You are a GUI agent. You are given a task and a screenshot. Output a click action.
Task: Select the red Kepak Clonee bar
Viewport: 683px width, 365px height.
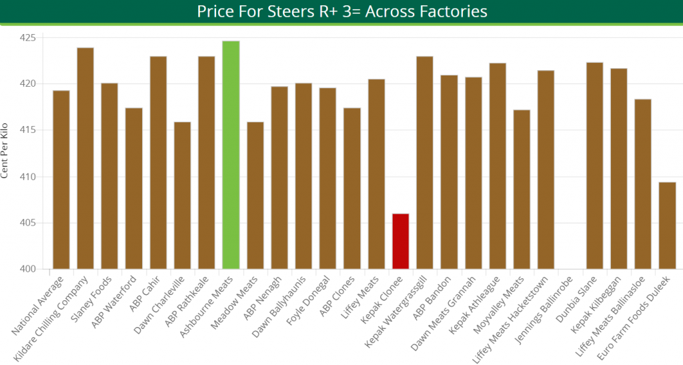click(400, 242)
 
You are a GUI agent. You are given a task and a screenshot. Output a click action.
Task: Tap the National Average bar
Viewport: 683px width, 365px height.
click(61, 179)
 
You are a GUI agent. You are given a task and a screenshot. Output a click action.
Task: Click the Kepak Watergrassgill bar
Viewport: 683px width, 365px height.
click(425, 163)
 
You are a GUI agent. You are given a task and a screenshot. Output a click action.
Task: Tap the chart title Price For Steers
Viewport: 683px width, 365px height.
click(341, 12)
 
